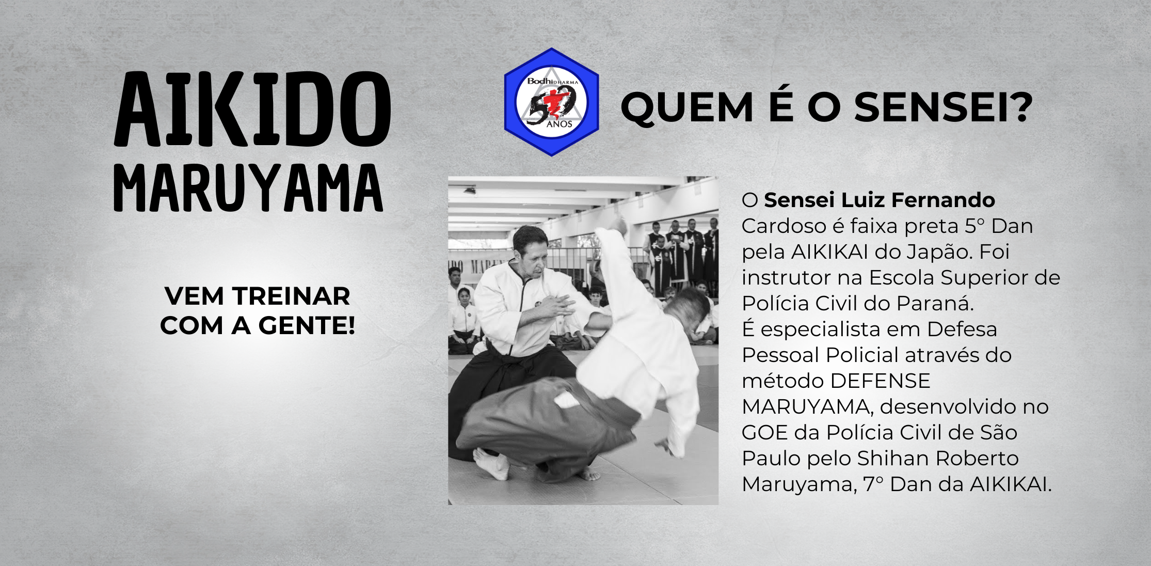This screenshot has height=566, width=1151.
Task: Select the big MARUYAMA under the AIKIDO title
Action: (248, 188)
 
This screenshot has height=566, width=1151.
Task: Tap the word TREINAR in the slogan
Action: (291, 296)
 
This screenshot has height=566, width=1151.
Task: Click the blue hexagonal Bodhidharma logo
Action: (551, 102)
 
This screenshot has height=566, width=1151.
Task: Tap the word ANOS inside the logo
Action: (559, 124)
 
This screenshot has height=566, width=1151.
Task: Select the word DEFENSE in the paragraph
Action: (881, 381)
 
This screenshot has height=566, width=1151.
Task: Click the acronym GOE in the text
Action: (764, 433)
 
